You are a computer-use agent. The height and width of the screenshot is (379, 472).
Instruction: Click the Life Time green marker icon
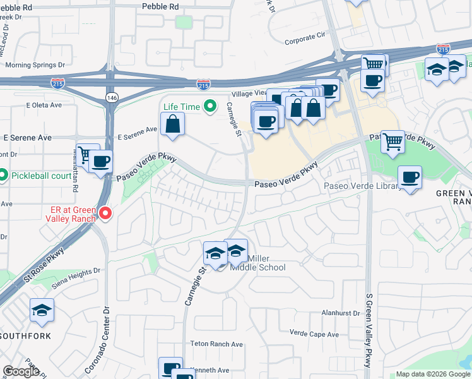(208, 107)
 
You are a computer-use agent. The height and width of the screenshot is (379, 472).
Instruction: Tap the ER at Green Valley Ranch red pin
(105, 214)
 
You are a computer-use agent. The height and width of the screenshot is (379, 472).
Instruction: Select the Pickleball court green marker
(3, 175)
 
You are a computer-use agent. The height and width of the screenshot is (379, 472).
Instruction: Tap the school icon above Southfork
(42, 310)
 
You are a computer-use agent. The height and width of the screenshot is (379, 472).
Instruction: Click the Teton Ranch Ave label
(216, 344)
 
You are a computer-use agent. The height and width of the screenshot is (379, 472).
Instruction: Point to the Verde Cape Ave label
(314, 334)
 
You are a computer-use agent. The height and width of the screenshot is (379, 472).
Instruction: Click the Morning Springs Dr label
(35, 65)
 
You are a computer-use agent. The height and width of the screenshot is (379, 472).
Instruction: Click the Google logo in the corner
(20, 371)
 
